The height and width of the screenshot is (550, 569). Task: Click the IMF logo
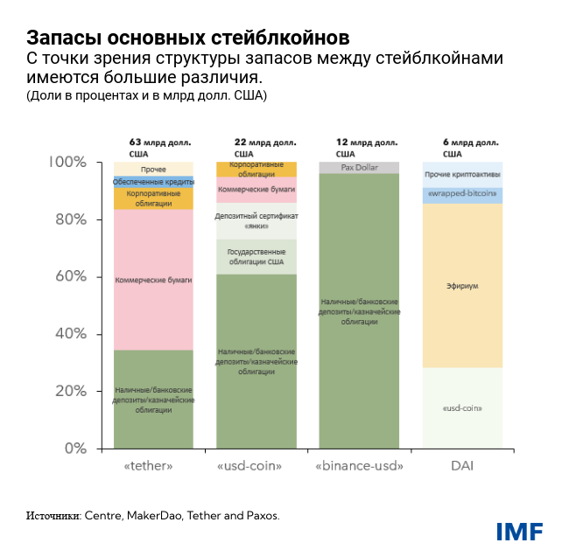519,531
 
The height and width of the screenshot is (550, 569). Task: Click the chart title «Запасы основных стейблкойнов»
188,38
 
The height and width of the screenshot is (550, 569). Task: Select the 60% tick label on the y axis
69,277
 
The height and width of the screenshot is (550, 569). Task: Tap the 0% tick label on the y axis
75,449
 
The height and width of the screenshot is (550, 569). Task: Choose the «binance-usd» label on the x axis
359,467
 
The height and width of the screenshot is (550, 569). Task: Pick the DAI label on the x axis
462,467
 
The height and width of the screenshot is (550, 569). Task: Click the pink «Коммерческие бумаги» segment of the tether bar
153,280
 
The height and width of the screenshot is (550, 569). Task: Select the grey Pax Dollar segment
359,167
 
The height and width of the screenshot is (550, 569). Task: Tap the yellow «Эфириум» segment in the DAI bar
462,285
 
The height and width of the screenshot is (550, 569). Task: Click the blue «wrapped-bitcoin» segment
462,194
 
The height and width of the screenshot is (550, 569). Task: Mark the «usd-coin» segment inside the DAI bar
462,408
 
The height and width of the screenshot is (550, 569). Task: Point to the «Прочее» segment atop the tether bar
153,168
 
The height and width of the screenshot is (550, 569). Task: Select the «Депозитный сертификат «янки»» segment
256,220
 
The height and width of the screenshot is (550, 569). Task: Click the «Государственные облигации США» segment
256,256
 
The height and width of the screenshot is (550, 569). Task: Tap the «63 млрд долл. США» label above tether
159,147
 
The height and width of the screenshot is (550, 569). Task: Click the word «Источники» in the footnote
53,516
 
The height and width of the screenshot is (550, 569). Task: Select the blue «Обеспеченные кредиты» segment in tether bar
153,181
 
